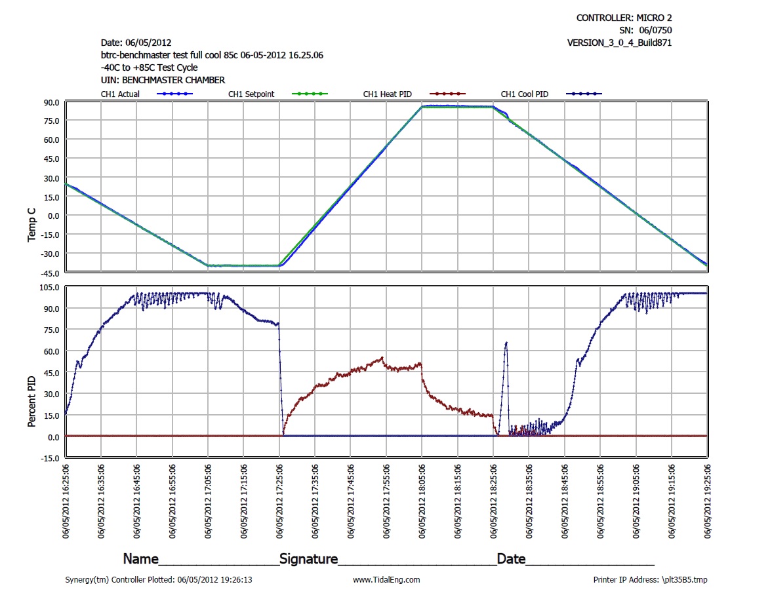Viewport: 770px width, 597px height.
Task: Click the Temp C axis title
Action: click(x=31, y=226)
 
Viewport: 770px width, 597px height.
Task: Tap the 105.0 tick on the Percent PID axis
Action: click(x=49, y=288)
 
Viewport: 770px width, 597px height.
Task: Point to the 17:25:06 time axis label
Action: click(x=280, y=501)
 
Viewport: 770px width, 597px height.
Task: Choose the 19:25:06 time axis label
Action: click(x=708, y=501)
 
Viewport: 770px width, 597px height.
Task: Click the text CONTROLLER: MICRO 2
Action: click(x=624, y=18)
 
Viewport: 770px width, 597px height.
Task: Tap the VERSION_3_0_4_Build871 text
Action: click(x=619, y=43)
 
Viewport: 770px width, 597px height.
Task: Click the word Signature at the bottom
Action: click(x=308, y=559)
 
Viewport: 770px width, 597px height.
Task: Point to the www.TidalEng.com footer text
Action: click(x=386, y=579)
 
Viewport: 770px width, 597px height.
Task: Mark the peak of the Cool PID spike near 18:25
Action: click(x=506, y=342)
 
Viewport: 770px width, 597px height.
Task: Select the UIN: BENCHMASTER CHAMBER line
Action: click(x=163, y=80)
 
